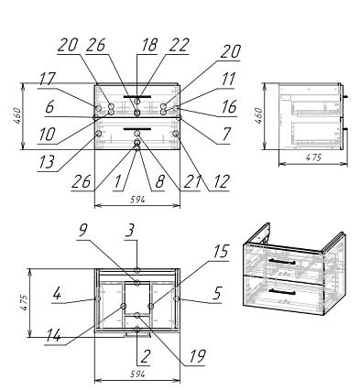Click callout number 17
tap(47, 80)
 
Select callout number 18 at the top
tap(148, 45)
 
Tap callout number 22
tap(179, 45)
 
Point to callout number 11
tap(228, 80)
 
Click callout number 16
tap(229, 107)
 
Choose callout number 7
tap(225, 134)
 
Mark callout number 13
tap(47, 162)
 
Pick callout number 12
tap(221, 181)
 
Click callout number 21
tap(192, 181)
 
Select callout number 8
tap(159, 181)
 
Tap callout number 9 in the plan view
tap(82, 231)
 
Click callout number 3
tap(130, 231)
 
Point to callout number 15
tap(221, 251)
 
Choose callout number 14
tap(53, 336)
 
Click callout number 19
tap(197, 356)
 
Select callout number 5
tap(216, 293)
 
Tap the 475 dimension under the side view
tap(313, 157)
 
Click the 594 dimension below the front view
tap(137, 200)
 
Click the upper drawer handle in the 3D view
tap(281, 261)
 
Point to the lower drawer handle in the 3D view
tap(281, 291)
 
